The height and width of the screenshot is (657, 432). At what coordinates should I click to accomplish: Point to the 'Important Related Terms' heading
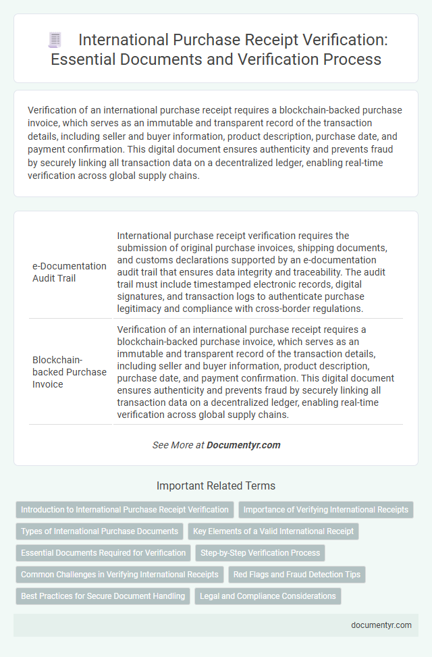coord(216,485)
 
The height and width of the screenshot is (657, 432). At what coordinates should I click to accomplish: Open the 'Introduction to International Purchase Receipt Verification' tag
coord(124,510)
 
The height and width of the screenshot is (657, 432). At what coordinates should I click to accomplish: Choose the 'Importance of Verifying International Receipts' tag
coord(326,510)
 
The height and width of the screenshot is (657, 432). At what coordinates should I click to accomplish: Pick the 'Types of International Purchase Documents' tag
coord(99,531)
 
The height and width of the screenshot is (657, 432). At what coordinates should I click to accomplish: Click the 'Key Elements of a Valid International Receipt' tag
coord(273,531)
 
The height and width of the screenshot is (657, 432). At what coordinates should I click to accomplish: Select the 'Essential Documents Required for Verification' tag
coord(103,553)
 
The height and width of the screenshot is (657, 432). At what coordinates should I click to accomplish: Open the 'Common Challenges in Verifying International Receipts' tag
coord(119,575)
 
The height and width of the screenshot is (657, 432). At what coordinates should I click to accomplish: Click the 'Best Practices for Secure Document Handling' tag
coord(103,596)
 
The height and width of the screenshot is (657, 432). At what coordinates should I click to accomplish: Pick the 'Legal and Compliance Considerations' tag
coord(268,596)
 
